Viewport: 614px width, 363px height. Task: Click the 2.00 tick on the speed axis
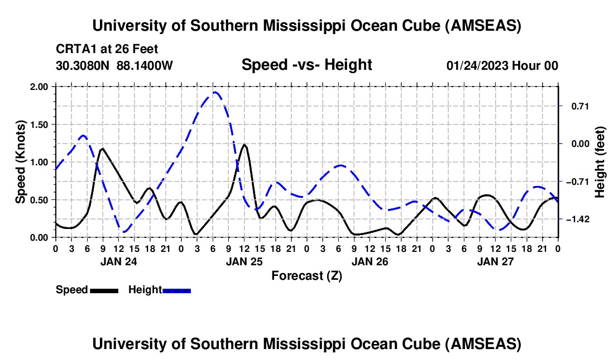41,87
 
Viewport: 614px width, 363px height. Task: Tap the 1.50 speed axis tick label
41,125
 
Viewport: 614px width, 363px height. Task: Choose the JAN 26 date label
370,261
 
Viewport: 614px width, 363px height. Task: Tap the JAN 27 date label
495,261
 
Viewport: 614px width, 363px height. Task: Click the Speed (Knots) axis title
21,161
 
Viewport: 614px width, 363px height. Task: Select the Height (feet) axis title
600,162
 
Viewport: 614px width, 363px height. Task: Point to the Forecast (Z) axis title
306,275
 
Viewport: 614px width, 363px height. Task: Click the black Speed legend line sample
104,290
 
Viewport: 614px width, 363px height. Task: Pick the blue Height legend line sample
176,290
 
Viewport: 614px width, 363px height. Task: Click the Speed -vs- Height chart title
306,65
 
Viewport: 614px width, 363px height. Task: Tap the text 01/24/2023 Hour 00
502,65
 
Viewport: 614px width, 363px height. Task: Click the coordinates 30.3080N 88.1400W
114,65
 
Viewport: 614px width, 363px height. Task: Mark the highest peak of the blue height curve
215,92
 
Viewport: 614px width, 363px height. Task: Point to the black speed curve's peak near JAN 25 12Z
244,145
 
